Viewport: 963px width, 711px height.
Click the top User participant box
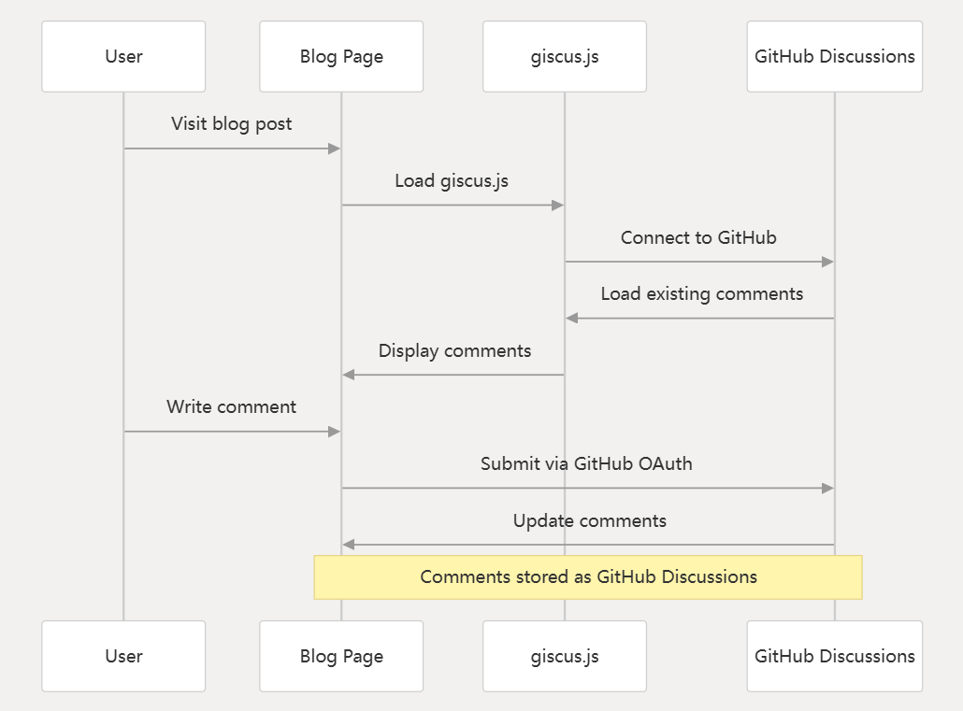123,56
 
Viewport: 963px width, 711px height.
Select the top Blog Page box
341,56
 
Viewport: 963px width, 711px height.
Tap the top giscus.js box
565,56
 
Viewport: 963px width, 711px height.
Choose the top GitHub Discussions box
835,56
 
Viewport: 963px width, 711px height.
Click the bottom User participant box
123,657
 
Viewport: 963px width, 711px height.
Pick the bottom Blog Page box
341,657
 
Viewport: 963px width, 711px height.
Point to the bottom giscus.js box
565,657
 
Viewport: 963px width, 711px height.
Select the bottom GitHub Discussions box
835,657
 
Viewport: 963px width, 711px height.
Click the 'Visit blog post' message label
232,124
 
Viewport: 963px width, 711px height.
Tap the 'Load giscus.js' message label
452,181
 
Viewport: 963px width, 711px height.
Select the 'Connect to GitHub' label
698,237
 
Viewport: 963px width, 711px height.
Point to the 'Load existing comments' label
702,294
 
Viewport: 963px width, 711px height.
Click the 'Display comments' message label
454,351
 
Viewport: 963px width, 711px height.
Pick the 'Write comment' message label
232,407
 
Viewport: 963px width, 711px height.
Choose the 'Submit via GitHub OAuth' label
586,463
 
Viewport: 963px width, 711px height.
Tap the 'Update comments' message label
590,520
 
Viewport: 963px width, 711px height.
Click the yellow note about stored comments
588,577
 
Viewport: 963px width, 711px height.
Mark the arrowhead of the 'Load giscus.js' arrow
557,205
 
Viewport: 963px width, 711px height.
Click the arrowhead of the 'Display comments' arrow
349,375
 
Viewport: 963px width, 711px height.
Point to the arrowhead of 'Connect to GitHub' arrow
827,262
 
